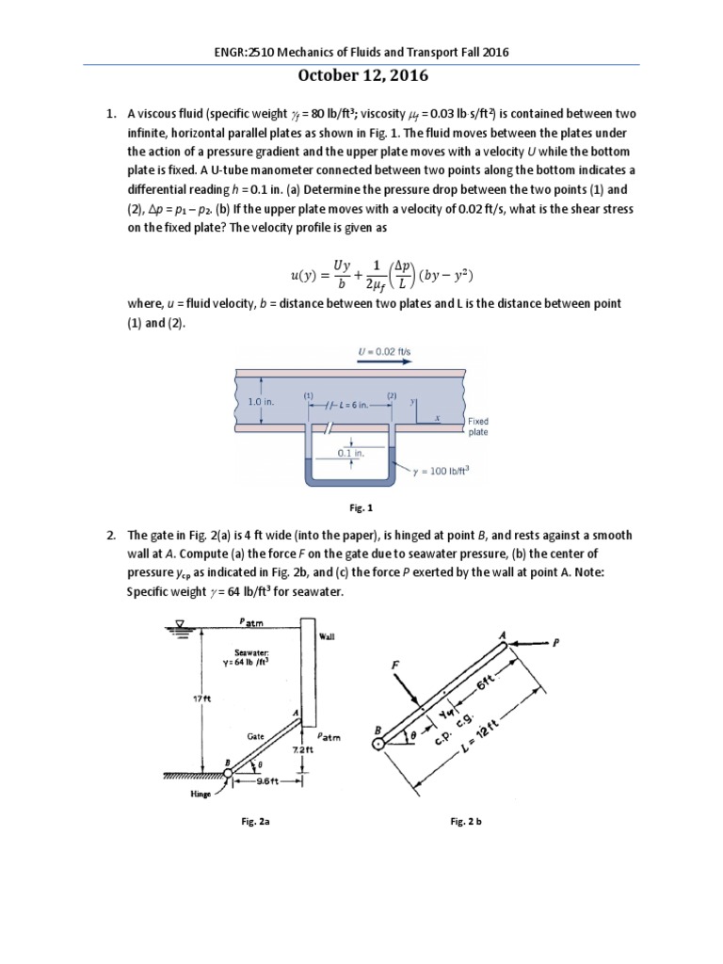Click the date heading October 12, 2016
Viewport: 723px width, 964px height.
pos(361,78)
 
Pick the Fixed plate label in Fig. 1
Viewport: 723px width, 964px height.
pos(477,427)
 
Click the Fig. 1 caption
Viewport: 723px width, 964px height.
pos(361,507)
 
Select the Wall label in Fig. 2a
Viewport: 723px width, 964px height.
pos(327,637)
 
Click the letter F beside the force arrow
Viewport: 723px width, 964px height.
pos(394,666)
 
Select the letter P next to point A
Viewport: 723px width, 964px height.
pos(557,644)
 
